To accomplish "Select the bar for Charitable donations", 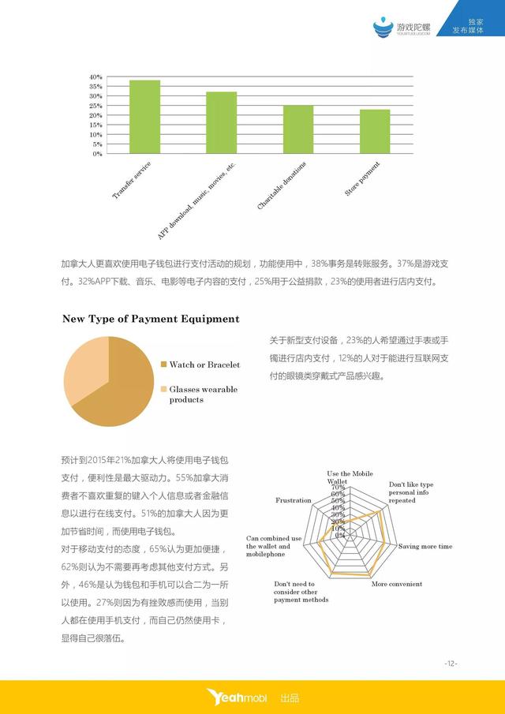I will (x=298, y=129).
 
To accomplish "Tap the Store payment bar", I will (x=375, y=132).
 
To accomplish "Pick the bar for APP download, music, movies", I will (x=222, y=122).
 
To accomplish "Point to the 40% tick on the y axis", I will (x=95, y=77).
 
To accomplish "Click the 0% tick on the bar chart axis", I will (x=96, y=154).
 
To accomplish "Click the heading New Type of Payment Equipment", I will (x=151, y=319).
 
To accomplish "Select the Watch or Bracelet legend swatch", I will (x=163, y=364).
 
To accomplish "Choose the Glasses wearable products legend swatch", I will (x=163, y=390).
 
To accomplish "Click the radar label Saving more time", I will (x=425, y=546).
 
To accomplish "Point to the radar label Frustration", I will (x=293, y=500).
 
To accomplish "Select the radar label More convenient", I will (x=396, y=584).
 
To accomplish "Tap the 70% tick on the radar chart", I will (x=339, y=488).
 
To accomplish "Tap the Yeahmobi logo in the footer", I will (x=236, y=697).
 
